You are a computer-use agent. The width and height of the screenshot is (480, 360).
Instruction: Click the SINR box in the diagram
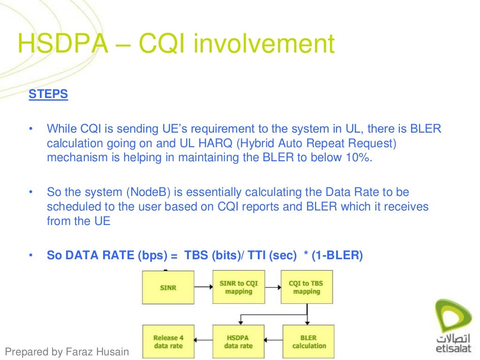click(168, 287)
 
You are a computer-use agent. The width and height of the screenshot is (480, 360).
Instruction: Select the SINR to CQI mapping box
click(238, 287)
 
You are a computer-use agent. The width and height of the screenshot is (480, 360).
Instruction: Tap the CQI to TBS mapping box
click(307, 287)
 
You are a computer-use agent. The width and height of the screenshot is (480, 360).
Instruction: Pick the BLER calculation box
click(308, 342)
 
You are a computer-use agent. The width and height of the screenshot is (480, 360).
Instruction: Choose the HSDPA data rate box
click(238, 342)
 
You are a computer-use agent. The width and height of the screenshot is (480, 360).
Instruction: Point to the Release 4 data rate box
click(168, 342)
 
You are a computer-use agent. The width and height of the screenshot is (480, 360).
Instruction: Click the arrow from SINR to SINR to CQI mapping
click(203, 287)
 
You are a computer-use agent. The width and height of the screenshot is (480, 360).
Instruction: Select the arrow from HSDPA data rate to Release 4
click(203, 342)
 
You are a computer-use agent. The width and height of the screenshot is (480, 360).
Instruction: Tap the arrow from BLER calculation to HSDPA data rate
click(273, 342)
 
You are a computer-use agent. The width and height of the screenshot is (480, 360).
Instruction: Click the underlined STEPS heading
click(48, 94)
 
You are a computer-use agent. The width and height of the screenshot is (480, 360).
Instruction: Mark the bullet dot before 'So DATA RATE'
click(31, 255)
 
